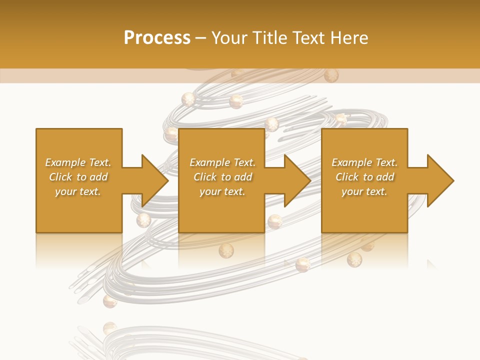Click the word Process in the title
click(157, 38)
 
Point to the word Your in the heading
click(230, 38)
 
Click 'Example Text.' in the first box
click(78, 162)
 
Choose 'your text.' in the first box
click(78, 191)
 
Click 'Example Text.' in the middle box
click(222, 162)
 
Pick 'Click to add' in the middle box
click(222, 177)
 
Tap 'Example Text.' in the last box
click(364, 162)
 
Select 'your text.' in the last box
click(364, 191)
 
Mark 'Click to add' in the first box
click(78, 177)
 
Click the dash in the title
click(201, 38)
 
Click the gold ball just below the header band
click(331, 75)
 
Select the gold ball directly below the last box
click(354, 259)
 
